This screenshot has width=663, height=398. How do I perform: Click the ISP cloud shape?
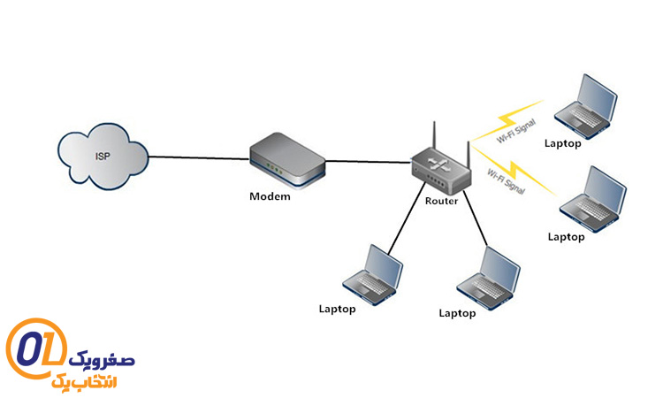click(101, 160)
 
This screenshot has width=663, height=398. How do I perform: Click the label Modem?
click(270, 196)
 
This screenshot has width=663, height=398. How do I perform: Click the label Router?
click(441, 202)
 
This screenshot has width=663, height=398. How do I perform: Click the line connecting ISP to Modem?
click(199, 158)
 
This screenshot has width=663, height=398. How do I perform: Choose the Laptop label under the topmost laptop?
click(563, 142)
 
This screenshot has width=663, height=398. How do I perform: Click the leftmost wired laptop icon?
click(372, 275)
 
